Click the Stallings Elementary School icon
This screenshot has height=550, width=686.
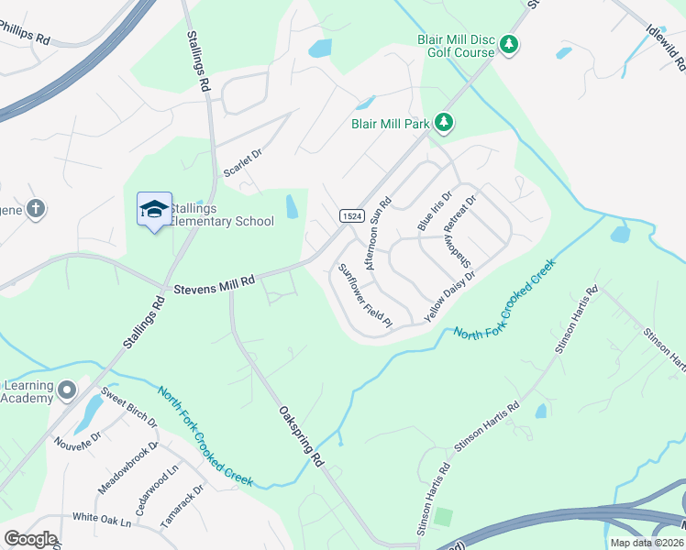point(154,210)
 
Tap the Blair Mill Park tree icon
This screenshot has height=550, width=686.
point(444,123)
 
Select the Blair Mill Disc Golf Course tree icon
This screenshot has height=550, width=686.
point(511,44)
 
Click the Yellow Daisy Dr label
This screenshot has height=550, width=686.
point(449,296)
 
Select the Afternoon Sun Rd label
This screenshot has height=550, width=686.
point(379,233)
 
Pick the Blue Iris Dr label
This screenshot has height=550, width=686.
point(435,211)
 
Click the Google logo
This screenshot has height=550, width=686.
point(30,539)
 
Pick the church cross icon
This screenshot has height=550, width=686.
point(36,209)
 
